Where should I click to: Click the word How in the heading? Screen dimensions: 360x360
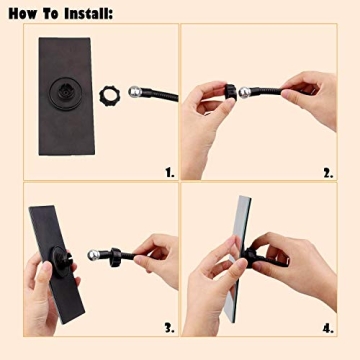click(22, 13)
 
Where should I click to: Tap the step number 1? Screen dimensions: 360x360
click(169, 172)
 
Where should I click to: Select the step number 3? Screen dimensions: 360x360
click(169, 327)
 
